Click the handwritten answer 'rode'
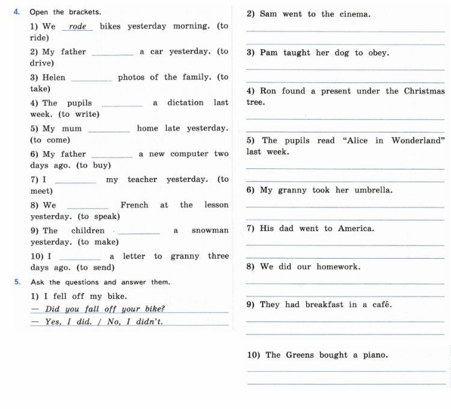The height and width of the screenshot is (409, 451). click(78, 26)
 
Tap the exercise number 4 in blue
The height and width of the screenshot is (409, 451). click(16, 11)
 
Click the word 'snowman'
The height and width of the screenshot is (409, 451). click(210, 230)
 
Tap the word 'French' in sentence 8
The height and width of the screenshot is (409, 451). click(134, 205)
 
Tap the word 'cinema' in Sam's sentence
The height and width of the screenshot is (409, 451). click(349, 14)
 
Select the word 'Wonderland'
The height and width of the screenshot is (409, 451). click(418, 141)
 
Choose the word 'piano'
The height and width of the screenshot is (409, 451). click(375, 355)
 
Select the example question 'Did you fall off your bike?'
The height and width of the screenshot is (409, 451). click(105, 309)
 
